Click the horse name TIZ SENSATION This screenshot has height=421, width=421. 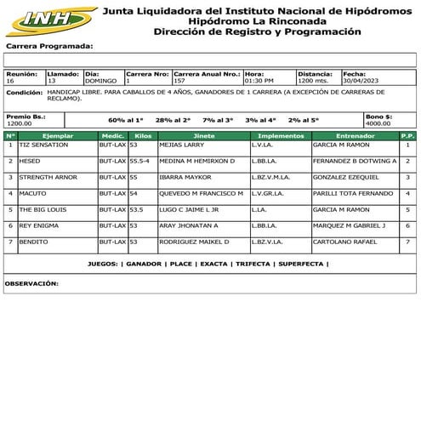43,145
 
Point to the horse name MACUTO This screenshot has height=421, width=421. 33,193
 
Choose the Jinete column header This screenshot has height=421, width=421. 204,135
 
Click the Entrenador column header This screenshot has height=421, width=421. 355,135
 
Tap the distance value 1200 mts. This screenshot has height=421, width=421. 314,81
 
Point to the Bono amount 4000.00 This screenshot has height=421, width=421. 378,123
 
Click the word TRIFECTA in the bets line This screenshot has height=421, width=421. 253,265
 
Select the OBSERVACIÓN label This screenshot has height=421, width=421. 31,282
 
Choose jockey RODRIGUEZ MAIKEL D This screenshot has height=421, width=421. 194,241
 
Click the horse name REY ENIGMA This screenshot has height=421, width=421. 39,225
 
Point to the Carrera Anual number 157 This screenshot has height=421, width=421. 179,81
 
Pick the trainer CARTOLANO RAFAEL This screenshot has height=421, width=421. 344,241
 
